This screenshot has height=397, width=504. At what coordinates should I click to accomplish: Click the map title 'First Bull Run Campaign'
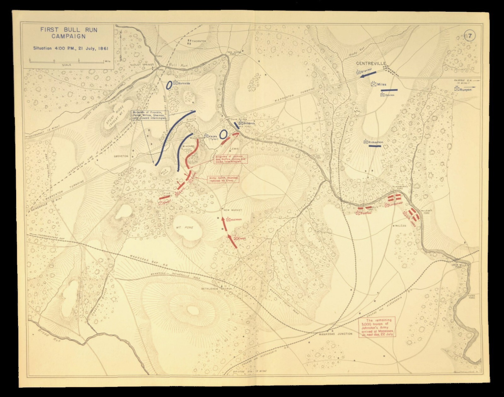(x=68, y=33)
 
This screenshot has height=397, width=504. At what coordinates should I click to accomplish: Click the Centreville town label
(x=371, y=63)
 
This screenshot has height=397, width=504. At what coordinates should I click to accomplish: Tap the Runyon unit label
(x=465, y=90)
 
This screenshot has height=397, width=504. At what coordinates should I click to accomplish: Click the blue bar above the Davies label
(x=389, y=90)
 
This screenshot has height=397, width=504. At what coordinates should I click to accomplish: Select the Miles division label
(x=381, y=85)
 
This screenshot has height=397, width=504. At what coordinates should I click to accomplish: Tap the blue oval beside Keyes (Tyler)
(x=223, y=134)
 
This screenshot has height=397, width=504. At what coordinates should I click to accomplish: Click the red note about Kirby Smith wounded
(x=223, y=179)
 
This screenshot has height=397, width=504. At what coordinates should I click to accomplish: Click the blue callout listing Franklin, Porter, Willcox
(x=150, y=115)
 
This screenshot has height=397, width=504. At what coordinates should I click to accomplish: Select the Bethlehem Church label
(x=217, y=289)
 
